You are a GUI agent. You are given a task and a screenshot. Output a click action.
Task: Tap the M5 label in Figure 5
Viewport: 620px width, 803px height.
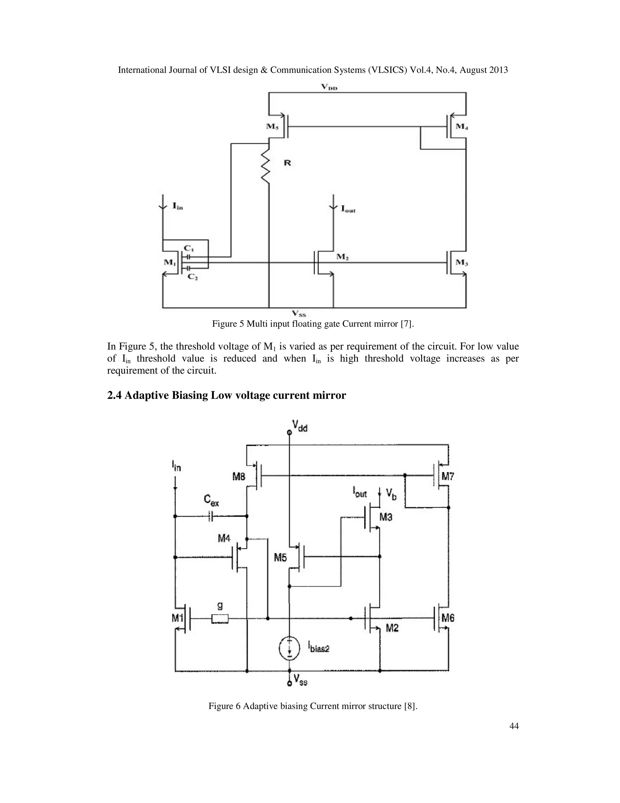click(272, 126)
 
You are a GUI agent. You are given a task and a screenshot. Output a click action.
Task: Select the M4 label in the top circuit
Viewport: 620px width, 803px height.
click(462, 126)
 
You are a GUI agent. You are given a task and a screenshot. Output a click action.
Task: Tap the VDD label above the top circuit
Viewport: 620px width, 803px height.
click(329, 87)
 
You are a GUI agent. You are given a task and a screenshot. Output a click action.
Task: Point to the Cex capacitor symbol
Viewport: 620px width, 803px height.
click(210, 516)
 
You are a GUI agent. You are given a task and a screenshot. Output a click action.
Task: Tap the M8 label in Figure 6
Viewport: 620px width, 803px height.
click(239, 477)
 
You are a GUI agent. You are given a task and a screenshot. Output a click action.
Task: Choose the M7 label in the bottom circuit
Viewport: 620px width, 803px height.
click(448, 477)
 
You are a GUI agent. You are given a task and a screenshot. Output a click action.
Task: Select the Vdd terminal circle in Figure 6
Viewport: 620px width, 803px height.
click(289, 433)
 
